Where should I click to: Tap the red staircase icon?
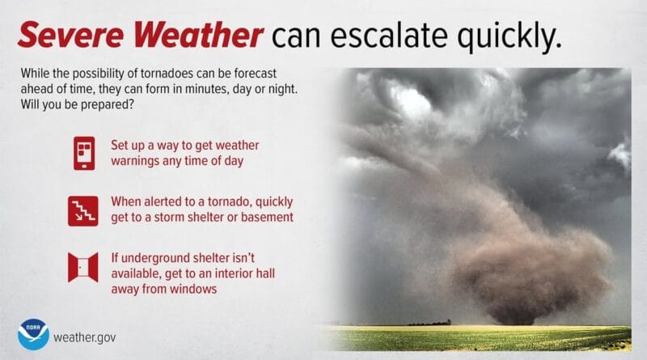83,210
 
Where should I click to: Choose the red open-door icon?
83,267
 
